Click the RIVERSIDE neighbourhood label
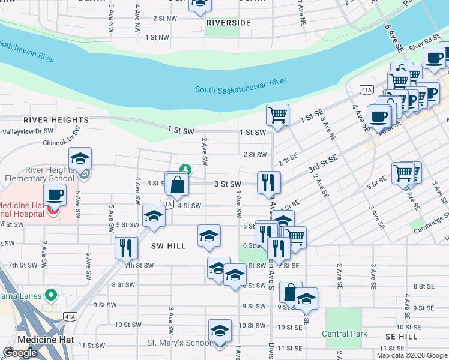pyautogui.click(x=228, y=23)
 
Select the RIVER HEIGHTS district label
pyautogui.click(x=56, y=120)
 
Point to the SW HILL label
pyautogui.click(x=169, y=246)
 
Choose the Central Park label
pyautogui.click(x=344, y=334)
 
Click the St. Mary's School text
pyautogui.click(x=179, y=343)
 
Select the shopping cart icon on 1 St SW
pyautogui.click(x=277, y=114)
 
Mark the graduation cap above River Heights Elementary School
pyautogui.click(x=80, y=159)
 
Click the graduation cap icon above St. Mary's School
pyautogui.click(x=220, y=331)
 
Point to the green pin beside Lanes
pyautogui.click(x=51, y=295)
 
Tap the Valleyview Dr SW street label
pyautogui.click(x=28, y=131)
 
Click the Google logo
pyautogui.click(x=20, y=353)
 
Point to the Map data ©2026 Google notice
pyautogui.click(x=411, y=355)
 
